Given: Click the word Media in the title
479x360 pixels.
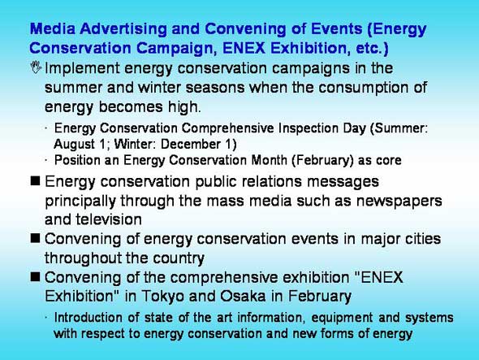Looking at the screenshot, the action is pos(53,28).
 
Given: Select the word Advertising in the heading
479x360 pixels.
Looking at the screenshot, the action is pos(123,30).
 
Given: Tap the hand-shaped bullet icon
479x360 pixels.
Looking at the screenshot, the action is pos(36,67).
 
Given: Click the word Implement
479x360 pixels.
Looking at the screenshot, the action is pos(82,68).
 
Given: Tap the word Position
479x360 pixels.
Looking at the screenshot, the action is pos(77,160).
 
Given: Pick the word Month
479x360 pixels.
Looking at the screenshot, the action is pos(269,160).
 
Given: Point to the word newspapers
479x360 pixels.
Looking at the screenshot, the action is pos(399,202).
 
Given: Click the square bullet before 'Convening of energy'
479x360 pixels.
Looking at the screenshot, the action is pos(35,238).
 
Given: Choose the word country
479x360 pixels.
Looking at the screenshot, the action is pos(179,258).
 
